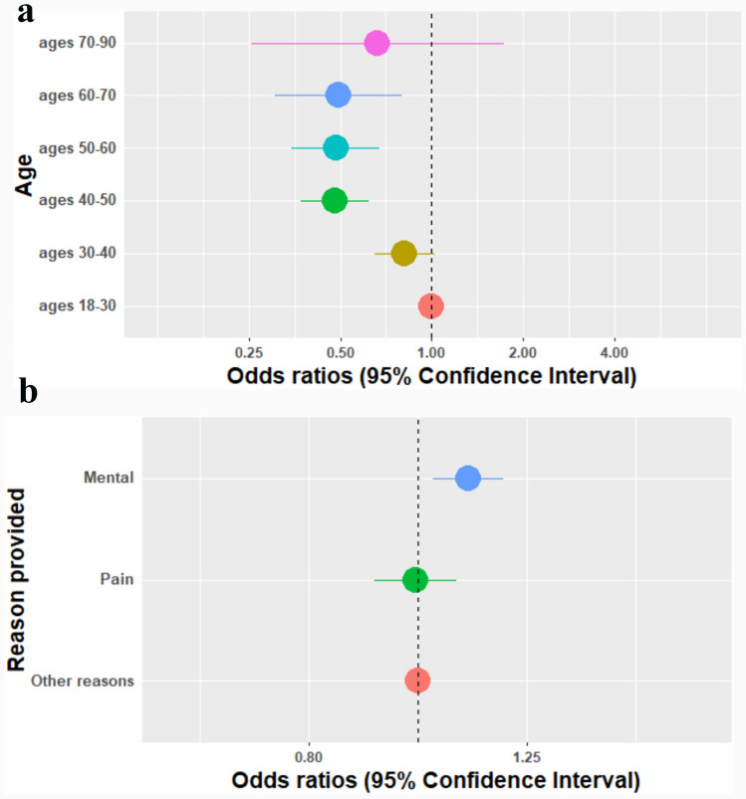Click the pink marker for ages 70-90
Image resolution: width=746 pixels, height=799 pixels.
click(376, 43)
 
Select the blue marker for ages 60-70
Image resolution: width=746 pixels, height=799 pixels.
click(338, 96)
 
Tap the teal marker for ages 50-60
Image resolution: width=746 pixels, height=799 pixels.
click(336, 148)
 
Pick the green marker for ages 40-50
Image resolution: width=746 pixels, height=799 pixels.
click(335, 200)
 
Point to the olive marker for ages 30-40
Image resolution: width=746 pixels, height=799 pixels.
click(403, 253)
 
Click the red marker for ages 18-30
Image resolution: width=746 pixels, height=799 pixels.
click(430, 305)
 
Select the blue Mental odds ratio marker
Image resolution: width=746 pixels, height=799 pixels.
click(467, 479)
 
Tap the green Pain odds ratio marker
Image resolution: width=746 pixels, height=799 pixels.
click(415, 579)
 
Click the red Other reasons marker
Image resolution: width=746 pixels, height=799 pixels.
click(417, 681)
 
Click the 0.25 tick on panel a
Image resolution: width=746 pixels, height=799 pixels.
click(249, 352)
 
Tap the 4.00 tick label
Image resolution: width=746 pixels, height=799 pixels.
click(615, 352)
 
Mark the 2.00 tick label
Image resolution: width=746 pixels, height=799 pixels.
click(523, 352)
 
